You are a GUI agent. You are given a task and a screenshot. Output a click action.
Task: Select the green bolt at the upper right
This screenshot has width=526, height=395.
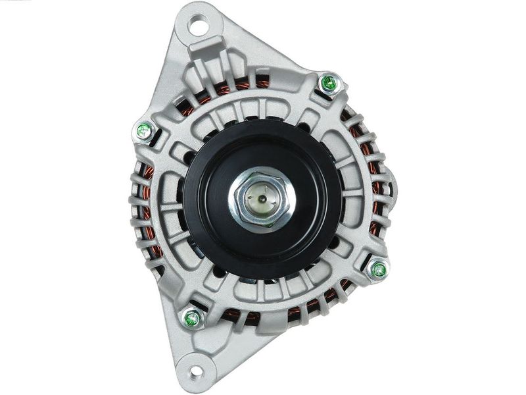pos(328,82)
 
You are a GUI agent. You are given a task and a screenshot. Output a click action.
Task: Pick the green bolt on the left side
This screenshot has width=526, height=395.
pos(143,131)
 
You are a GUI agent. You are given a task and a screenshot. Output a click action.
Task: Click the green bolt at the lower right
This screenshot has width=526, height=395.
pos(378,269)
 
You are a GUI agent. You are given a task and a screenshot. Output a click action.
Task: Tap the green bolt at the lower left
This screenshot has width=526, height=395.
pos(193,319)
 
